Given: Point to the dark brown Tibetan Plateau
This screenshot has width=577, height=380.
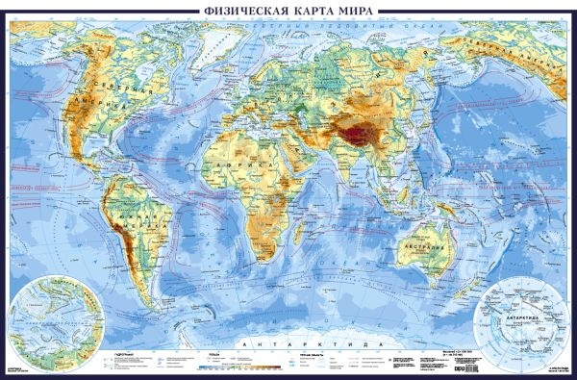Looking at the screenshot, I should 366,132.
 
